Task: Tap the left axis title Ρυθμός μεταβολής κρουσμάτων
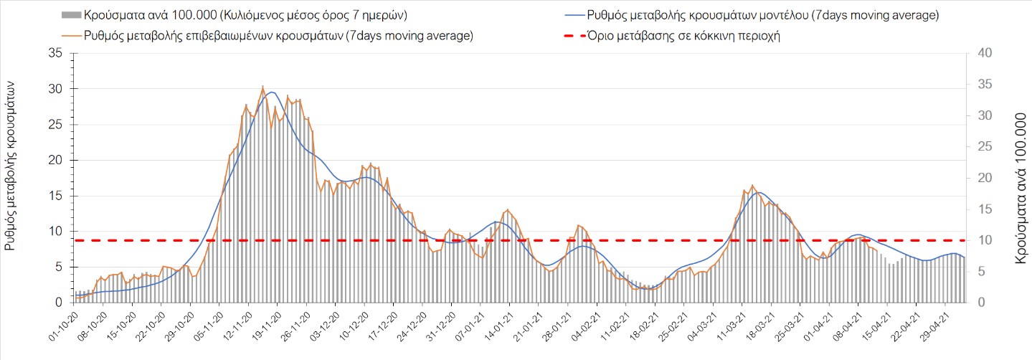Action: (x=11, y=165)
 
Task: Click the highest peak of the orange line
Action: (x=262, y=87)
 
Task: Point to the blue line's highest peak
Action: (x=271, y=92)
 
